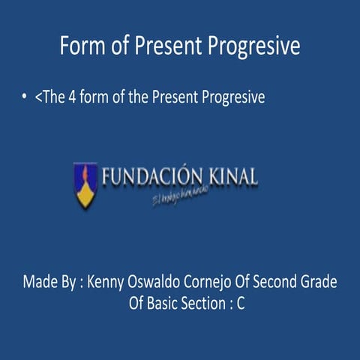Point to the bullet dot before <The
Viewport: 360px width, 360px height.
[x=25, y=98]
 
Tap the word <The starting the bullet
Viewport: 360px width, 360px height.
[x=46, y=97]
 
